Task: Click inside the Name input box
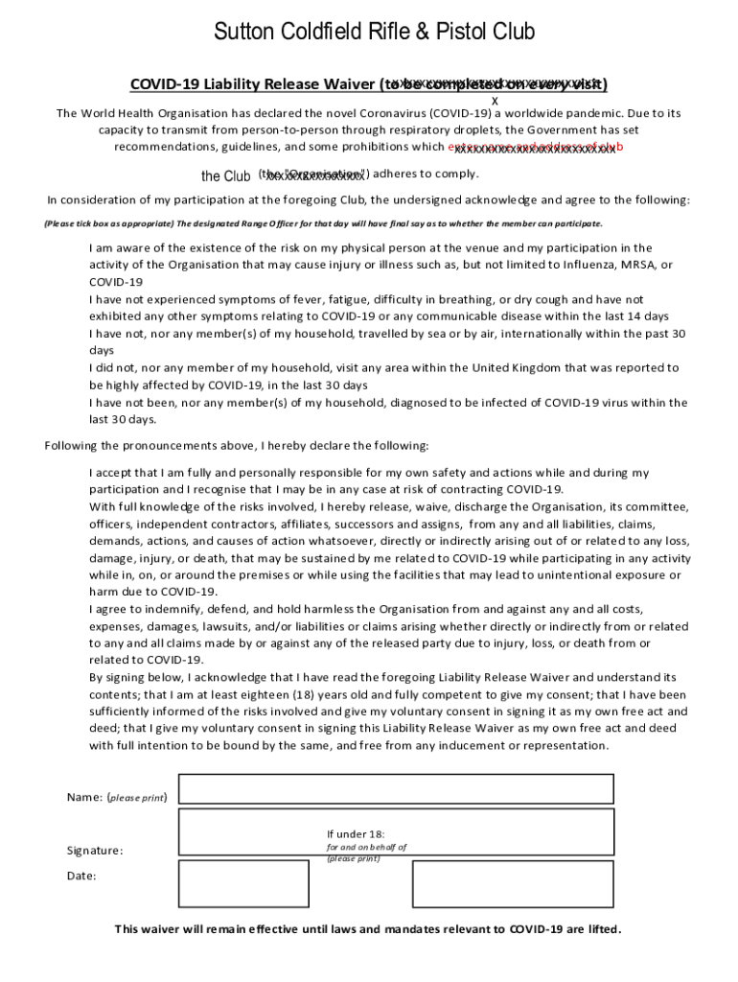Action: [396, 788]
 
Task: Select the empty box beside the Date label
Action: [230, 883]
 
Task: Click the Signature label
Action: [95, 851]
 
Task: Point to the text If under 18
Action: [356, 834]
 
